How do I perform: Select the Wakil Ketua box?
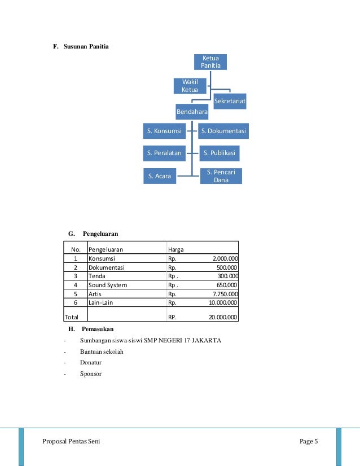pyautogui.click(x=190, y=86)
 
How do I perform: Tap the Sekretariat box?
pyautogui.click(x=230, y=102)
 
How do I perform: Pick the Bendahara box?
pyautogui.click(x=192, y=112)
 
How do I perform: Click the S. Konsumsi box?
pyautogui.click(x=164, y=131)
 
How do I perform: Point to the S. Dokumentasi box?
pyautogui.click(x=224, y=131)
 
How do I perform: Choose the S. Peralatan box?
pyautogui.click(x=164, y=153)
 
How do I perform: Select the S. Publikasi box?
pyautogui.click(x=221, y=153)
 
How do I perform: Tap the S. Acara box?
pyautogui.click(x=159, y=177)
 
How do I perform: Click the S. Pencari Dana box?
pyautogui.click(x=221, y=176)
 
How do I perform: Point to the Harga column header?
pyautogui.click(x=175, y=248)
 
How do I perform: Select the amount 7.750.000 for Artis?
pyautogui.click(x=225, y=294)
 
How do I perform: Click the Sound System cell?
pyautogui.click(x=108, y=285)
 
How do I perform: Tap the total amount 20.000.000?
pyautogui.click(x=223, y=317)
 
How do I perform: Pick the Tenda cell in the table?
pyautogui.click(x=96, y=276)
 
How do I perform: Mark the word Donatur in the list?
pyautogui.click(x=92, y=363)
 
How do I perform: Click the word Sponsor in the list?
pyautogui.click(x=91, y=373)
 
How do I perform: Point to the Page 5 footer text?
pyautogui.click(x=309, y=441)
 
